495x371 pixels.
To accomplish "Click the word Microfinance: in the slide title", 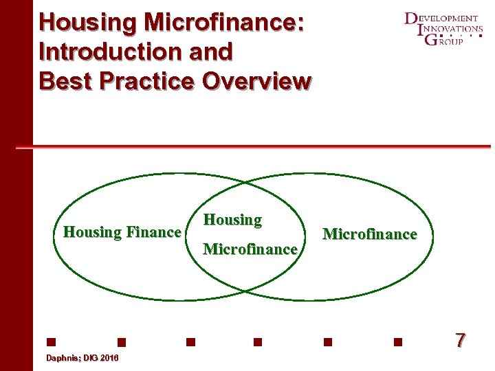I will (x=224, y=22).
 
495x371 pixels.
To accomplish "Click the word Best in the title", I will (x=65, y=81).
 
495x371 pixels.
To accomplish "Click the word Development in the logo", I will (x=443, y=18).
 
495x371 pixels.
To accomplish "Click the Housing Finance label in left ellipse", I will (x=122, y=232).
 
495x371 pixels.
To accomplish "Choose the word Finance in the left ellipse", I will (x=153, y=232).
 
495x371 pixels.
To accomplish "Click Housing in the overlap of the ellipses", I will (x=233, y=220).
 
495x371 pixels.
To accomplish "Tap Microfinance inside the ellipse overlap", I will (x=250, y=249).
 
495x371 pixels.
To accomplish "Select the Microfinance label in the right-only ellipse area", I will (x=369, y=234).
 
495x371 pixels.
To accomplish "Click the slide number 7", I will (x=460, y=339).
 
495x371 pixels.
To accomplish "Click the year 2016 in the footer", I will (x=109, y=359).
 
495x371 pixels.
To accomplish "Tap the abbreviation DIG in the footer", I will (x=89, y=359).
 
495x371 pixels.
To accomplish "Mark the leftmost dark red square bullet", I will (x=51, y=341).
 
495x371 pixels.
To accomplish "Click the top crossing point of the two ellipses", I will (x=247, y=183).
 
